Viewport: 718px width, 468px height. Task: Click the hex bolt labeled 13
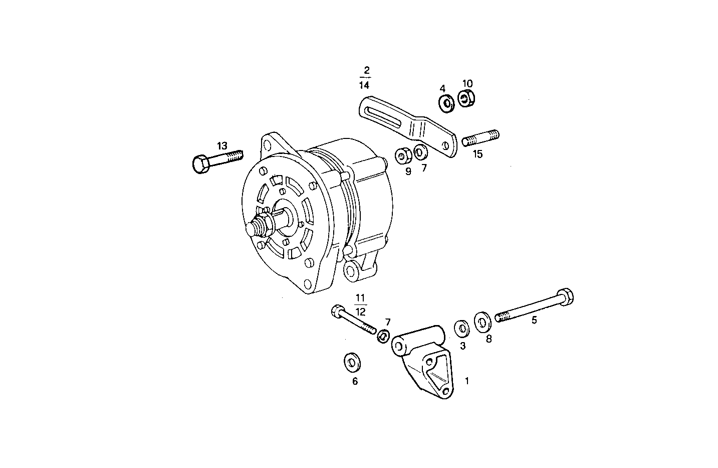tap(216, 160)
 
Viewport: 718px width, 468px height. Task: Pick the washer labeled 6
tap(353, 362)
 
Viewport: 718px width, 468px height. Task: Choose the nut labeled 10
tap(466, 98)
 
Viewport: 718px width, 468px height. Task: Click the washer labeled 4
tap(445, 103)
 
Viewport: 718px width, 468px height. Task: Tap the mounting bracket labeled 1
tap(426, 361)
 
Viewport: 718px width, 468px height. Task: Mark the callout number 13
tap(222, 146)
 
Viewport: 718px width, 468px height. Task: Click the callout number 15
tap(477, 154)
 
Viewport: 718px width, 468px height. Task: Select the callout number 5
tap(534, 320)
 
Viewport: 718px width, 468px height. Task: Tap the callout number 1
tap(467, 381)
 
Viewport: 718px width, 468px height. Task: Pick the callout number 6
tap(355, 381)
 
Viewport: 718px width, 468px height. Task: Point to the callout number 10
tap(467, 83)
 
